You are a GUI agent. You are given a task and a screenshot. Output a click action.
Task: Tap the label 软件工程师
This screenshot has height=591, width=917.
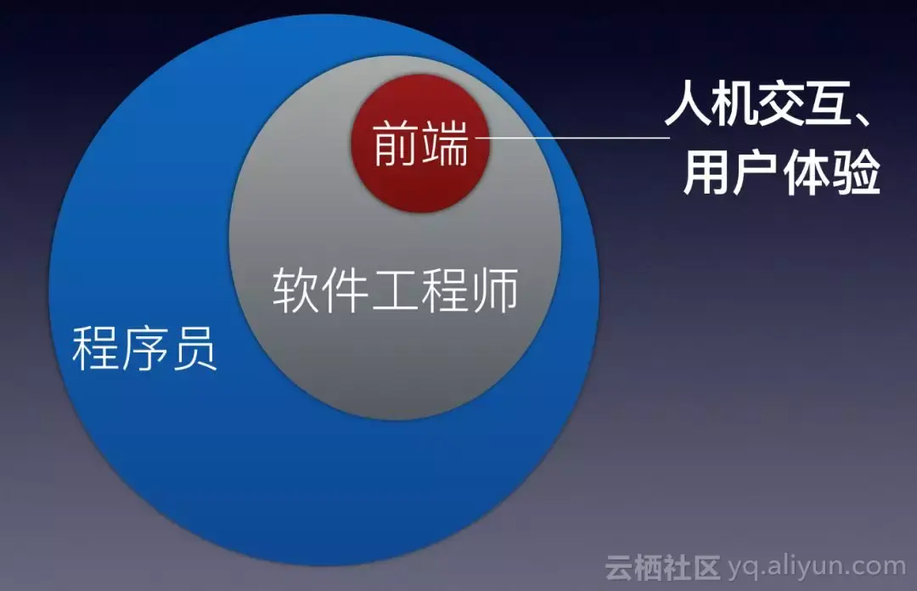click(396, 290)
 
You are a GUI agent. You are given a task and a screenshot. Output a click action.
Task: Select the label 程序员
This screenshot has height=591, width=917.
click(144, 346)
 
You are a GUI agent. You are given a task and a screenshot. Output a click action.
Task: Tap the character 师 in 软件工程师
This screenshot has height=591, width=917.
click(495, 290)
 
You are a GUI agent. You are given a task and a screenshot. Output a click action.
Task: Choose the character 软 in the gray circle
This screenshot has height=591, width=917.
click(295, 290)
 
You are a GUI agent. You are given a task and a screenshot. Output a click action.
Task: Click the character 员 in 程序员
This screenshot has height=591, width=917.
click(194, 346)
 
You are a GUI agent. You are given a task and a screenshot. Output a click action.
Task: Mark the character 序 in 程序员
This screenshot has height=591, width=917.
click(144, 346)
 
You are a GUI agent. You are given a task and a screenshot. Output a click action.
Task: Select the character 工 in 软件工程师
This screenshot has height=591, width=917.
click(396, 290)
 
